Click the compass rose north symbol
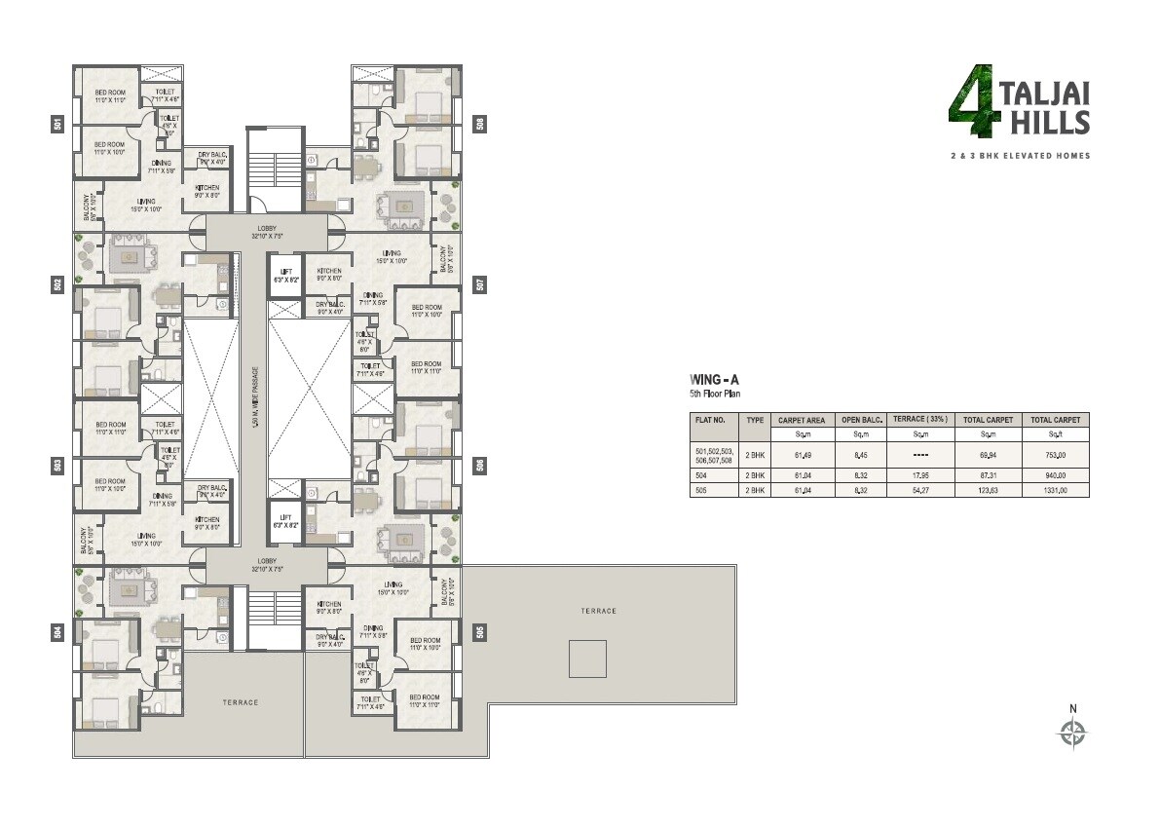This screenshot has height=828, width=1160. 1073,732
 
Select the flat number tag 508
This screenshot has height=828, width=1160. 480,124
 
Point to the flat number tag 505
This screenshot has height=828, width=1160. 480,632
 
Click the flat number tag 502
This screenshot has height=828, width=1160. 57,284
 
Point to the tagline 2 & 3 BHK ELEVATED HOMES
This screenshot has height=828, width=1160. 1021,156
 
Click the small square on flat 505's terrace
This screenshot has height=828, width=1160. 587,659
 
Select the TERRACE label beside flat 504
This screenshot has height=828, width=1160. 240,702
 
